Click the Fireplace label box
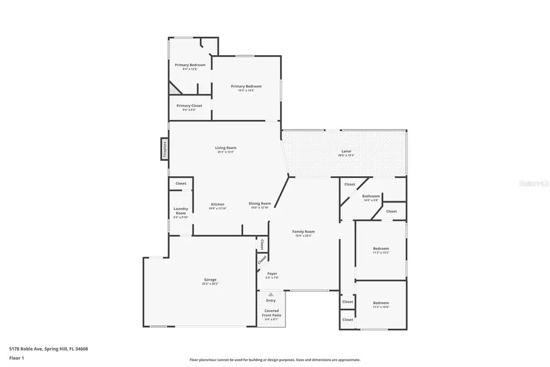pyautogui.click(x=164, y=149)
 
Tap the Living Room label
pyautogui.click(x=226, y=148)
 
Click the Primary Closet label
pyautogui.click(x=189, y=106)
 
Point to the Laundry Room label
pyautogui.click(x=180, y=210)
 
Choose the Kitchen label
pyautogui.click(x=218, y=204)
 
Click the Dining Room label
pyautogui.click(x=260, y=204)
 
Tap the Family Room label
pyautogui.click(x=303, y=232)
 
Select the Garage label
pyautogui.click(x=210, y=280)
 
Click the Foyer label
pyautogui.click(x=272, y=274)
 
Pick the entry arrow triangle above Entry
pyautogui.click(x=271, y=294)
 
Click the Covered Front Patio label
pyautogui.click(x=271, y=313)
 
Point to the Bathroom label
pyautogui.click(x=371, y=196)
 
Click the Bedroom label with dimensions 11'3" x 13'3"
pyautogui.click(x=381, y=248)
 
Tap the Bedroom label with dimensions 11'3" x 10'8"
pyautogui.click(x=381, y=303)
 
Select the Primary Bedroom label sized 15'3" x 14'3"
pyautogui.click(x=246, y=87)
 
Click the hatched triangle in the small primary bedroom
pyautogui.click(x=174, y=89)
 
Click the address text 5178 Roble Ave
pyautogui.click(x=48, y=349)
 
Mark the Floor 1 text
pyautogui.click(x=16, y=359)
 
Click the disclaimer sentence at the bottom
pyautogui.click(x=275, y=360)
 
